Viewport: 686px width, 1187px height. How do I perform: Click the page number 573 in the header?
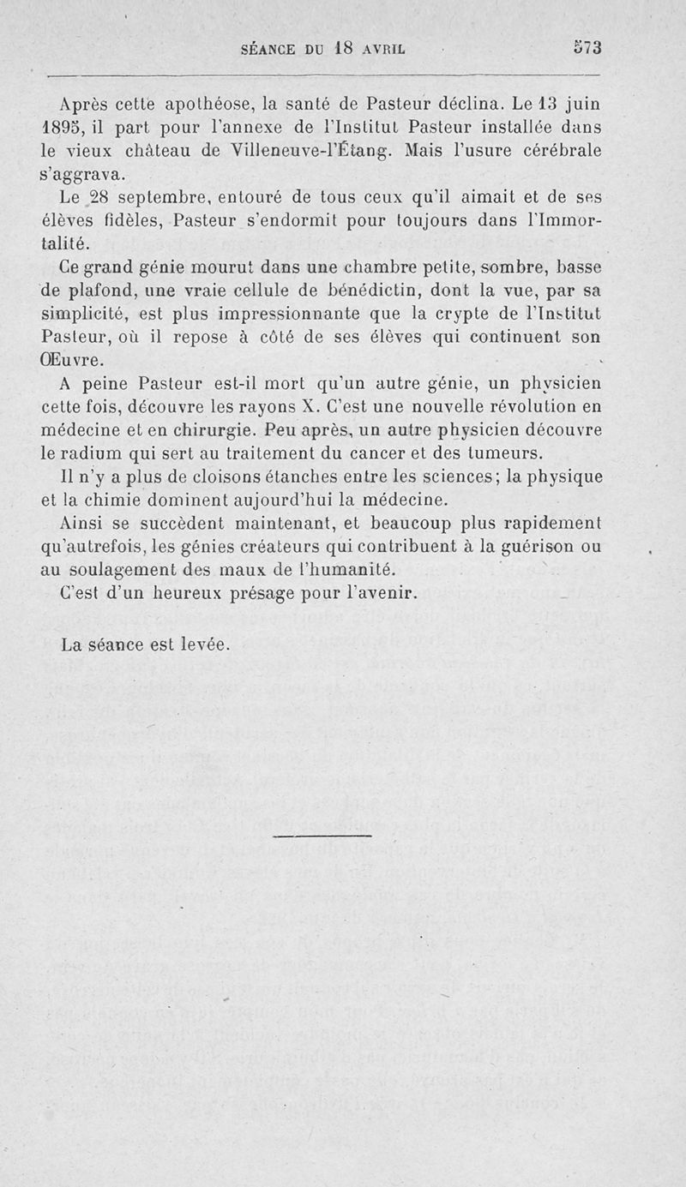click(589, 48)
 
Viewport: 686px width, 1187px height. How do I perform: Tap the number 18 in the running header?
click(344, 48)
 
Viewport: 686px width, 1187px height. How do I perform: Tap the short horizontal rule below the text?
click(322, 835)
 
